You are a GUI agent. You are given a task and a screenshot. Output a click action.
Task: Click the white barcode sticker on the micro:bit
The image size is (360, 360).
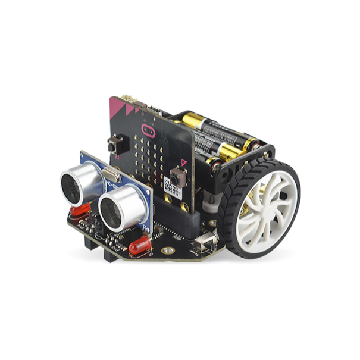[168, 189]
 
